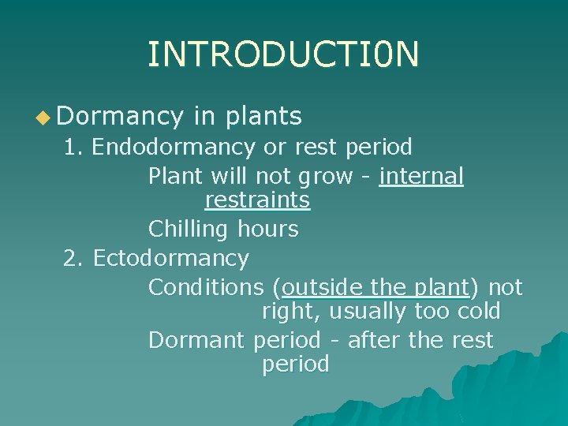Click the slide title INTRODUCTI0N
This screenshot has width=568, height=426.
(283, 54)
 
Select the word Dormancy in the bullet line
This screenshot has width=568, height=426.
(119, 118)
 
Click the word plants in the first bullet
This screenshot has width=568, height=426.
(263, 117)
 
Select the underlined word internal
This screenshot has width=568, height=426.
(421, 176)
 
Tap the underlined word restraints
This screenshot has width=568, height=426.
(257, 200)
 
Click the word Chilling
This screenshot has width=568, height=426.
(188, 230)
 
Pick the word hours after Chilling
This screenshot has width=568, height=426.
(267, 230)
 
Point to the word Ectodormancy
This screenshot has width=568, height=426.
(170, 258)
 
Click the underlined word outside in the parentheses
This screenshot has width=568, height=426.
(322, 287)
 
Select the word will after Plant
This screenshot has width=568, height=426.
(233, 176)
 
